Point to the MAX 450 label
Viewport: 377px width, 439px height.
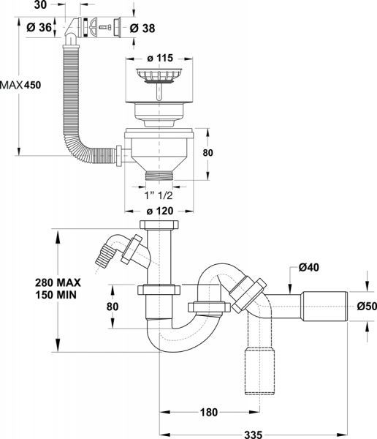(x=21, y=85)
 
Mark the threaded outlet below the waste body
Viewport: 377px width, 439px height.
(x=159, y=176)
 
